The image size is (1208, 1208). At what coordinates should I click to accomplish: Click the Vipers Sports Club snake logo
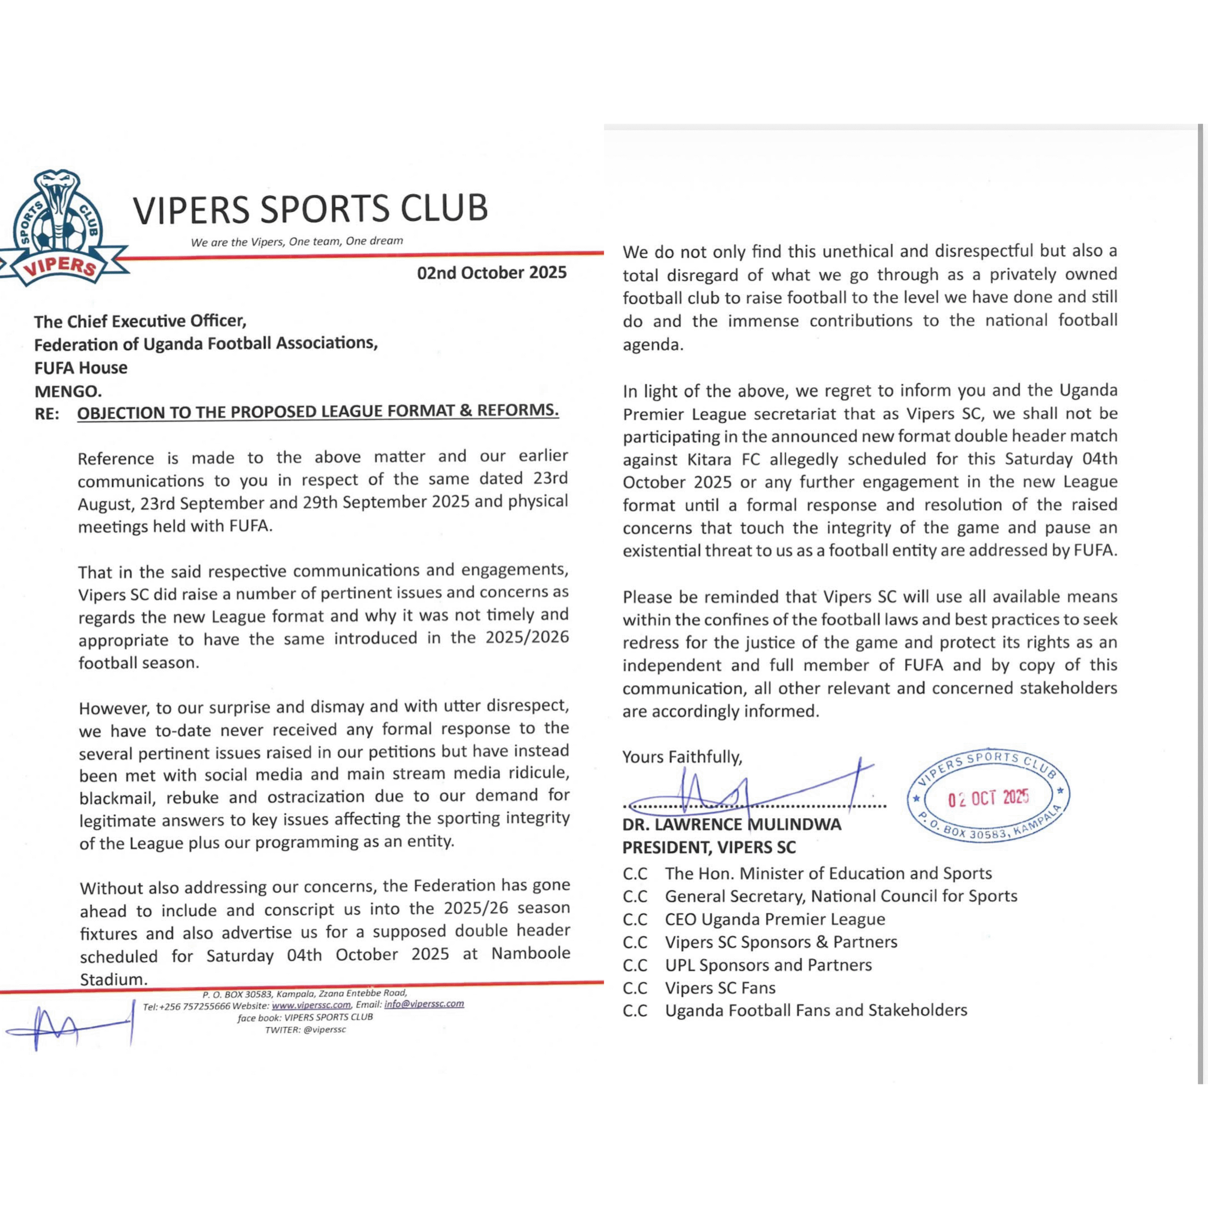pyautogui.click(x=59, y=228)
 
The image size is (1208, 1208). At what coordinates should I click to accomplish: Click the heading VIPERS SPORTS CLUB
pyautogui.click(x=310, y=209)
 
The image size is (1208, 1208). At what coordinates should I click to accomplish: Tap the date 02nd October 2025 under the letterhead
pyautogui.click(x=491, y=273)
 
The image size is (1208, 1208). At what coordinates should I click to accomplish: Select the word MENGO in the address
pyautogui.click(x=67, y=391)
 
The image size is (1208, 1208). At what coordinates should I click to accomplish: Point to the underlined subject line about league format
pyautogui.click(x=318, y=411)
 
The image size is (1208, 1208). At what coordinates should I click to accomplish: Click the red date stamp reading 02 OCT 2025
pyautogui.click(x=988, y=798)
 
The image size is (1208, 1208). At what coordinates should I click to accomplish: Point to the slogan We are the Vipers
pyautogui.click(x=297, y=241)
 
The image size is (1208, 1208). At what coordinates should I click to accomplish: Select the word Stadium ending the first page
pyautogui.click(x=113, y=979)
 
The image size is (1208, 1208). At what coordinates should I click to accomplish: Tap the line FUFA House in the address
pyautogui.click(x=81, y=368)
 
